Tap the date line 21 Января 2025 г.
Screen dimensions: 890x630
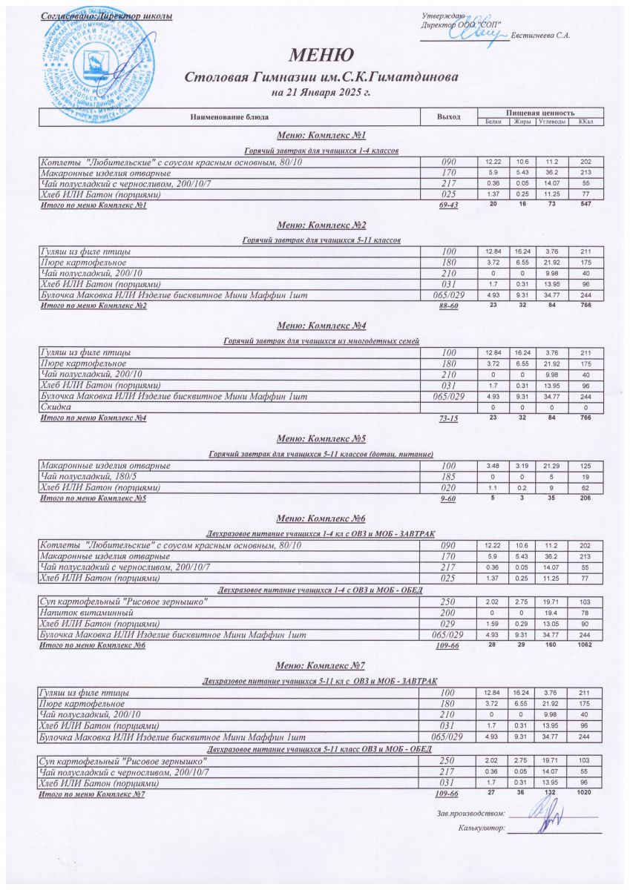(x=321, y=93)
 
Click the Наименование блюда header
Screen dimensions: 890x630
(x=229, y=117)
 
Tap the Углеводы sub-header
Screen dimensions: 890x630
(x=552, y=122)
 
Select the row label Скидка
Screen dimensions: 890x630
(x=55, y=408)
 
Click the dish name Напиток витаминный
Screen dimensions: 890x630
(x=86, y=613)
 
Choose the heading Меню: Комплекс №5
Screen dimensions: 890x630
(x=321, y=439)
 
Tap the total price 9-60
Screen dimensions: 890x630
(x=448, y=499)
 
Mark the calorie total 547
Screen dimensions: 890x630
(x=585, y=204)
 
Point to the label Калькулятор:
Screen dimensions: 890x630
(x=482, y=827)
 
